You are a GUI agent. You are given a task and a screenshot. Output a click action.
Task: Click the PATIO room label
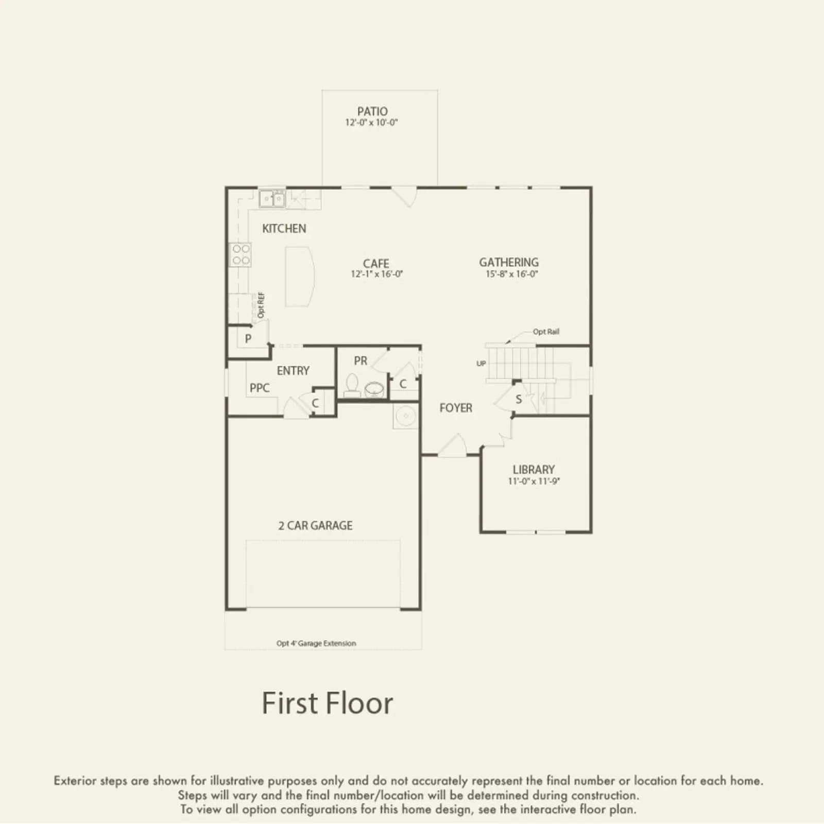pyautogui.click(x=372, y=111)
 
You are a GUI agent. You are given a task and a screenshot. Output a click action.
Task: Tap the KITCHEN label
pyautogui.click(x=284, y=229)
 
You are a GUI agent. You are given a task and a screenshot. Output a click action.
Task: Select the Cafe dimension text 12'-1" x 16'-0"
pyautogui.click(x=377, y=274)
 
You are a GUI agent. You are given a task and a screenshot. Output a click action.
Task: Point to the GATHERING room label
pyautogui.click(x=509, y=262)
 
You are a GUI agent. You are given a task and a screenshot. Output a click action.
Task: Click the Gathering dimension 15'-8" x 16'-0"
pyautogui.click(x=512, y=274)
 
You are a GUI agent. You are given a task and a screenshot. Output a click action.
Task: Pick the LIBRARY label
pyautogui.click(x=534, y=470)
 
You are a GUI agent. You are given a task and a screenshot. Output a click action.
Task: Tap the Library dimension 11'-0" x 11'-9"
pyautogui.click(x=534, y=481)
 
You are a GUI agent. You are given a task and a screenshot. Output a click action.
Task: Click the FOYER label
pyautogui.click(x=456, y=408)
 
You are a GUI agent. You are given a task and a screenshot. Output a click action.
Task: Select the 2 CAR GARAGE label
pyautogui.click(x=316, y=526)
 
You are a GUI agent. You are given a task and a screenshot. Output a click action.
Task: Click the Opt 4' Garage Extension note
pyautogui.click(x=316, y=643)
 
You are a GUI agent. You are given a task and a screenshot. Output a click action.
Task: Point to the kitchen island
pyautogui.click(x=300, y=277)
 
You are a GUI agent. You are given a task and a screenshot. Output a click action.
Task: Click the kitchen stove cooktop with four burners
pyautogui.click(x=240, y=254)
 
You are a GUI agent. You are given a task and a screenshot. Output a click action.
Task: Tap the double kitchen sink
pyautogui.click(x=272, y=198)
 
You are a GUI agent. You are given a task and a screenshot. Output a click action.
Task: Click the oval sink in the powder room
pyautogui.click(x=374, y=389)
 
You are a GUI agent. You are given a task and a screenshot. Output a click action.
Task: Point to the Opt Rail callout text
pyautogui.click(x=546, y=332)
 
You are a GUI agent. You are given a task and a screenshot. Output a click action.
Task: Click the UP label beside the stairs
pyautogui.click(x=481, y=364)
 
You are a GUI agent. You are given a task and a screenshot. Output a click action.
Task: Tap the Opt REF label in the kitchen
pyautogui.click(x=261, y=305)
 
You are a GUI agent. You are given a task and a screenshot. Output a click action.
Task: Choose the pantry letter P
pyautogui.click(x=248, y=339)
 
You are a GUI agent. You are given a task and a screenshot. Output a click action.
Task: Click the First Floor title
pyautogui.click(x=328, y=703)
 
